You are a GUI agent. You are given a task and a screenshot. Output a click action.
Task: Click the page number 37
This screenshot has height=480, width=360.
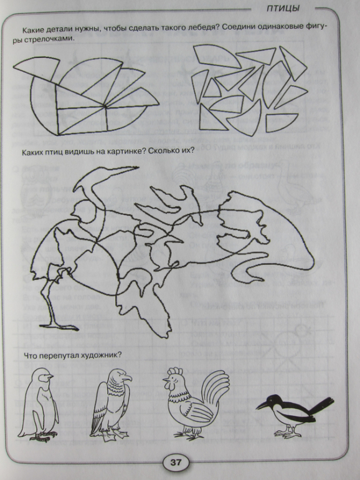coord(176,462)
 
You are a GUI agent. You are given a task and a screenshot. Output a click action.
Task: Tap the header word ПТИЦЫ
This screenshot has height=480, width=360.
coord(283,8)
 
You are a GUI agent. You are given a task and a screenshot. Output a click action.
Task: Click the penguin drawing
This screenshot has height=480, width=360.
coord(38,405)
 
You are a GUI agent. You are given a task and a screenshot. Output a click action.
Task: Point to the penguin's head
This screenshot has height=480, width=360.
coord(43,376)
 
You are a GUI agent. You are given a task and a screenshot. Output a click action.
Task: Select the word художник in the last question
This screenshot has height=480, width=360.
coord(103,355)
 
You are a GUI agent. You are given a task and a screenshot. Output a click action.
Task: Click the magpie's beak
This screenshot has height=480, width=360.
coord(262,405)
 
